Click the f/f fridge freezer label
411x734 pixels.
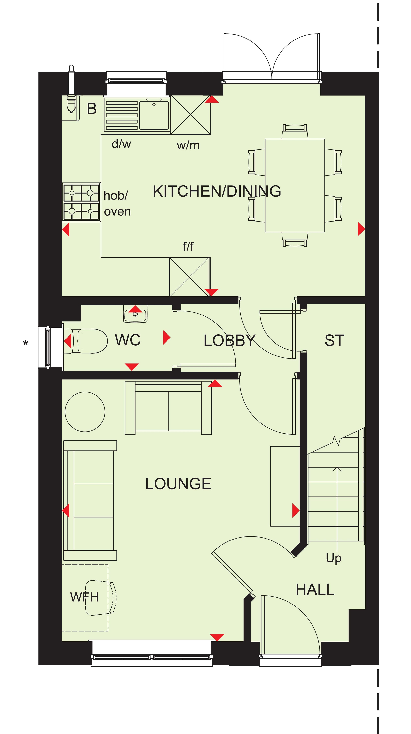click(x=188, y=246)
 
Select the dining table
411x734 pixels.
click(x=295, y=186)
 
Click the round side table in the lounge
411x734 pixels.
click(x=85, y=412)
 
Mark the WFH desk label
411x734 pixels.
click(x=84, y=597)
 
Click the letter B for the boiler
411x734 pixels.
click(x=92, y=109)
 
